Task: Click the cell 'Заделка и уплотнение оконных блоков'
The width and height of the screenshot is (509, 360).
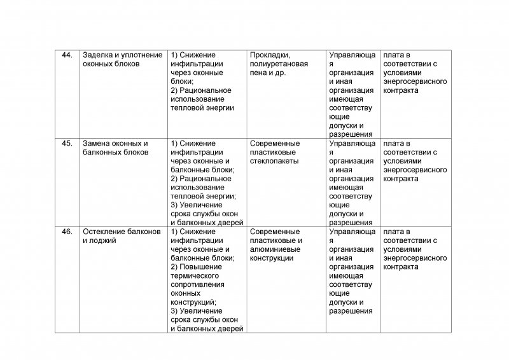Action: point(120,60)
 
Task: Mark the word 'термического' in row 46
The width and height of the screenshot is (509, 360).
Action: point(196,276)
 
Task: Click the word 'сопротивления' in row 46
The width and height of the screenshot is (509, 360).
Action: point(199,285)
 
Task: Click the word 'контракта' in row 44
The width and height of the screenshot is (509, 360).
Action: point(400,90)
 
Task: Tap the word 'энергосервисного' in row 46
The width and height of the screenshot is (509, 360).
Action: point(415,258)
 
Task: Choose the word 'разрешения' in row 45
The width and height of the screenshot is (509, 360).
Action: point(351,223)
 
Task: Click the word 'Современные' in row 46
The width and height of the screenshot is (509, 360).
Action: point(275,232)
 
